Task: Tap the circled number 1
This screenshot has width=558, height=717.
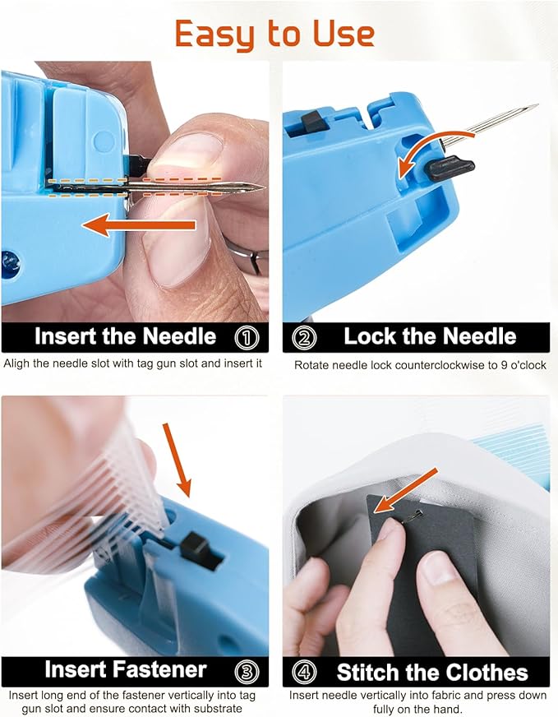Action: click(x=247, y=336)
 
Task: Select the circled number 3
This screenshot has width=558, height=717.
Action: click(x=247, y=670)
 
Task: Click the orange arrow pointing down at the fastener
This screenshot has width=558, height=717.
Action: click(x=178, y=460)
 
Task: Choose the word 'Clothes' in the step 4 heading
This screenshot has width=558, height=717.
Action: click(x=487, y=672)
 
